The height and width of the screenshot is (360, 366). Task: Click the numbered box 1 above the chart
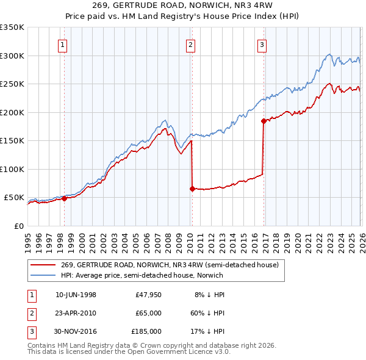coord(63,44)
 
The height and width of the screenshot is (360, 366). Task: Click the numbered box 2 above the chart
coord(191,44)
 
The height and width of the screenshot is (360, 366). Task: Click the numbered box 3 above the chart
coord(262,44)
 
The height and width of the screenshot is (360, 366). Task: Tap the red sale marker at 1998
coord(64,198)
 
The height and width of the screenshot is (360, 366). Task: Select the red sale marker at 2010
coord(192,189)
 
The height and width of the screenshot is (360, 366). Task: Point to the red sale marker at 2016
coord(264,121)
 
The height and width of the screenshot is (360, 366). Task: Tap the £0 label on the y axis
coord(18,226)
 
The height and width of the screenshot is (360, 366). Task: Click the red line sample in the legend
coord(43,265)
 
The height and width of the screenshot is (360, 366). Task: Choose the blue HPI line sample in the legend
coord(43,275)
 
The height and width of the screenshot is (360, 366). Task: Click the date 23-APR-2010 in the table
coord(76,313)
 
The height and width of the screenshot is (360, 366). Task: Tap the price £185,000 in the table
coord(146,331)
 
